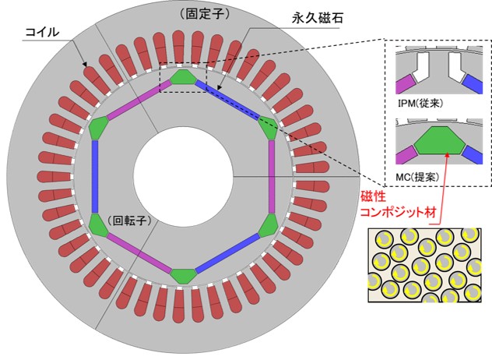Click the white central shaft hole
point(184,176)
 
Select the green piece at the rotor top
point(184,76)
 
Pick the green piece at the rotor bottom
point(184,276)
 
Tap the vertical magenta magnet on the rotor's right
point(271,176)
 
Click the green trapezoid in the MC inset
point(440,139)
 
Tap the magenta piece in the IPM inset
point(405,82)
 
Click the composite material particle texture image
point(425,263)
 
